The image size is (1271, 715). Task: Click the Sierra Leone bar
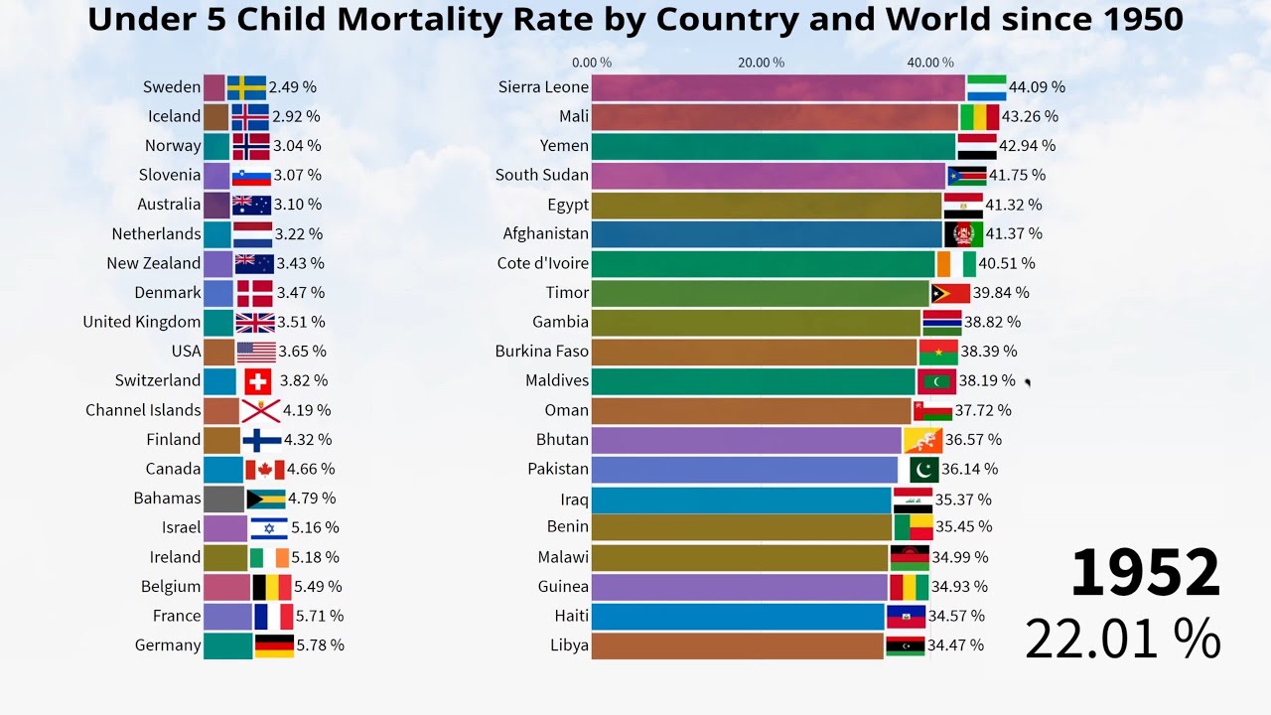778,87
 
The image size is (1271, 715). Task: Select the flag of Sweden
246,87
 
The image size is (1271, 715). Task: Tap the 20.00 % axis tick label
761,63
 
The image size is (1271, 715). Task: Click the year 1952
1145,573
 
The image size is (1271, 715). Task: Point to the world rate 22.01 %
1122,639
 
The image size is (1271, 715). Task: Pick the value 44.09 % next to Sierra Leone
1037,87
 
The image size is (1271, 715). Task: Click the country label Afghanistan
545,234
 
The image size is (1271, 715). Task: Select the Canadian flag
265,469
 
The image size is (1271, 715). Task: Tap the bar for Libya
737,645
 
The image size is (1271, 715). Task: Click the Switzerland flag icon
258,381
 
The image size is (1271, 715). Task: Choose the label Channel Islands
143,410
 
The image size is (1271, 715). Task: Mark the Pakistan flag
923,469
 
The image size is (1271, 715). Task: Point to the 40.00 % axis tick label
930,63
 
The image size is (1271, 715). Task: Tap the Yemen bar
774,146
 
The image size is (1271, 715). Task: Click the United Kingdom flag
255,323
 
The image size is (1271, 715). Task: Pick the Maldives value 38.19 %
987,381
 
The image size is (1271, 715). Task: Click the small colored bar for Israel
225,528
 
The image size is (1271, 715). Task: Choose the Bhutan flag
922,440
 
